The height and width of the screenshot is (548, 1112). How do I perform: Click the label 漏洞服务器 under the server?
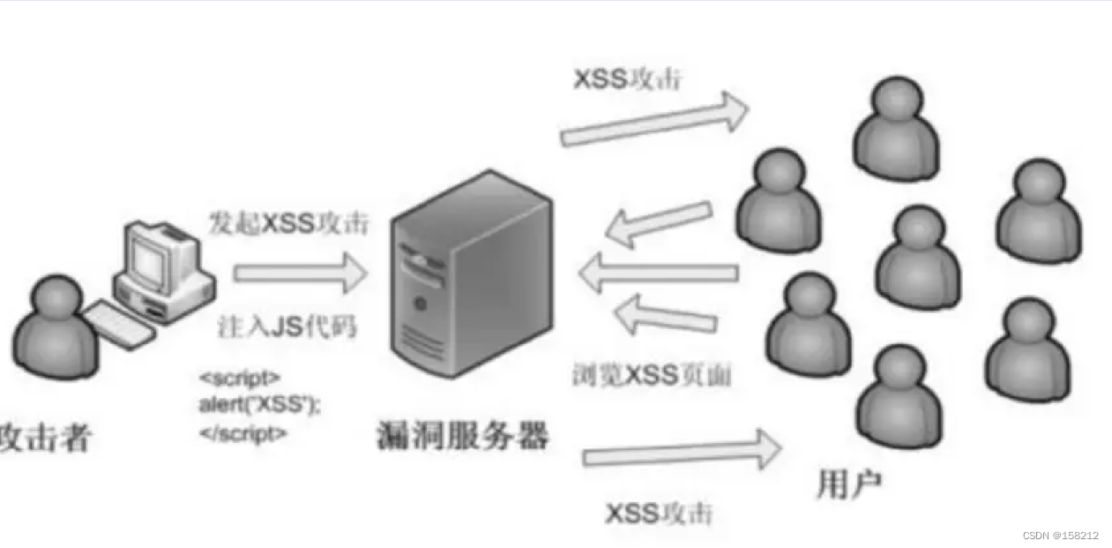pos(462,435)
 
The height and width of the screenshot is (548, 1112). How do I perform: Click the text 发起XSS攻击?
pos(288,223)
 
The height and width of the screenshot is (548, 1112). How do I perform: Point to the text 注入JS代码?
pos(287,327)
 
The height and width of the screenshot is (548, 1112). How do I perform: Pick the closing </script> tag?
pos(243,433)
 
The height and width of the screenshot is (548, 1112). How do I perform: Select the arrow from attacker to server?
pos(300,273)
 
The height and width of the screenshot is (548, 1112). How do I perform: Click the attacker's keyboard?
pos(118,322)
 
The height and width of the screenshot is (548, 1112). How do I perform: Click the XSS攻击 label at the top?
pos(628,79)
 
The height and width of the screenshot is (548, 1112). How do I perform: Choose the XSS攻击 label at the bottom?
pos(659,513)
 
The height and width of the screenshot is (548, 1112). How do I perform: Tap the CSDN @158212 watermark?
pos(1061,536)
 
